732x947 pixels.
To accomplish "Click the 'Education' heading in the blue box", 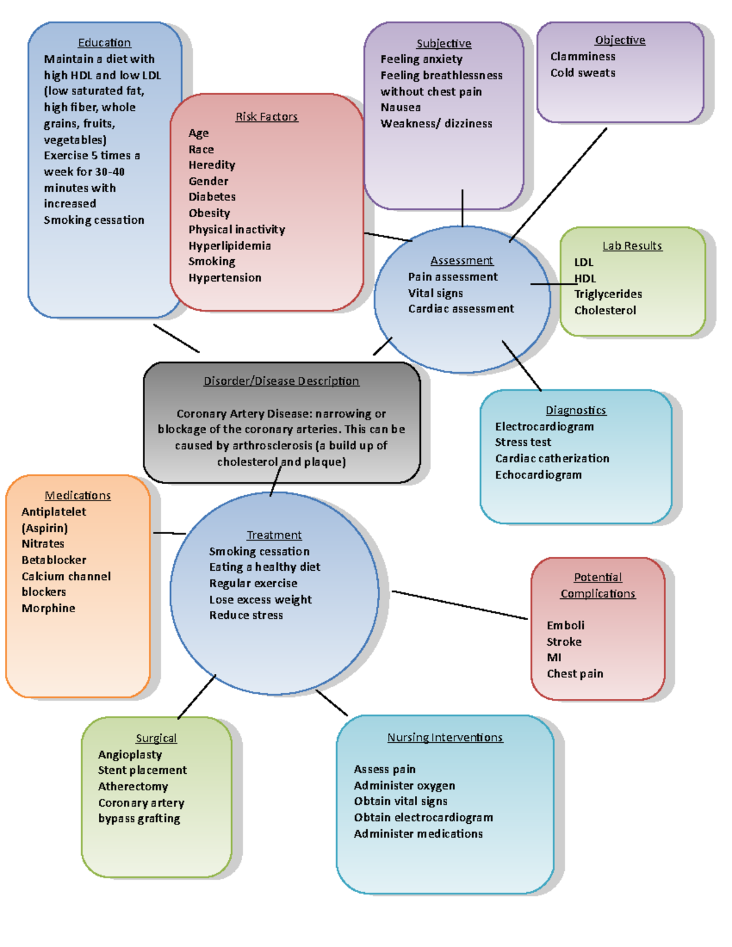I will pyautogui.click(x=104, y=43).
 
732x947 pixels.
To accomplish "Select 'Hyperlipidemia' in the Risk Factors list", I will pyautogui.click(x=229, y=246).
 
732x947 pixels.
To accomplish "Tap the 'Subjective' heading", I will pyautogui.click(x=443, y=43).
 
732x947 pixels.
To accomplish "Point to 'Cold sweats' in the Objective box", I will pyautogui.click(x=583, y=73).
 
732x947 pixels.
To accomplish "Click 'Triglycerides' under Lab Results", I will pyautogui.click(x=608, y=294).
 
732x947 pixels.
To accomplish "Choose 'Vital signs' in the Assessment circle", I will pyautogui.click(x=436, y=293).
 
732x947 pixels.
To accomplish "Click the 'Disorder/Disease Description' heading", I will pyautogui.click(x=281, y=381).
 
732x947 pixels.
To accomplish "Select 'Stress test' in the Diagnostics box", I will pyautogui.click(x=523, y=442).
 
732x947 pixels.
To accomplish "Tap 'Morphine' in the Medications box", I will pyautogui.click(x=49, y=608).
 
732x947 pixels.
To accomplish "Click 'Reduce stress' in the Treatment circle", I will pyautogui.click(x=246, y=615).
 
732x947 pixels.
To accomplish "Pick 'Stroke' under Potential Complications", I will pyautogui.click(x=564, y=641).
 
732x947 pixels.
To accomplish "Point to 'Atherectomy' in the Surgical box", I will pyautogui.click(x=133, y=787).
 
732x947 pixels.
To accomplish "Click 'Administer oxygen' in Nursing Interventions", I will pyautogui.click(x=404, y=785).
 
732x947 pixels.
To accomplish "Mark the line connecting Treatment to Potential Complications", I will pyautogui.click(x=459, y=605).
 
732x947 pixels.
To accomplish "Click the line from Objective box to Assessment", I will pyautogui.click(x=558, y=185).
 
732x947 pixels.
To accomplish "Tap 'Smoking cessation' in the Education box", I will pyautogui.click(x=94, y=220).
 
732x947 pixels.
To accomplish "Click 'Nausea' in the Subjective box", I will pyautogui.click(x=401, y=107).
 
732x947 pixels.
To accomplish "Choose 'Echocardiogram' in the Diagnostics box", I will pyautogui.click(x=538, y=475).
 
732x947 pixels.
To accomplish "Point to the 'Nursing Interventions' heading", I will pyautogui.click(x=445, y=738).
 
